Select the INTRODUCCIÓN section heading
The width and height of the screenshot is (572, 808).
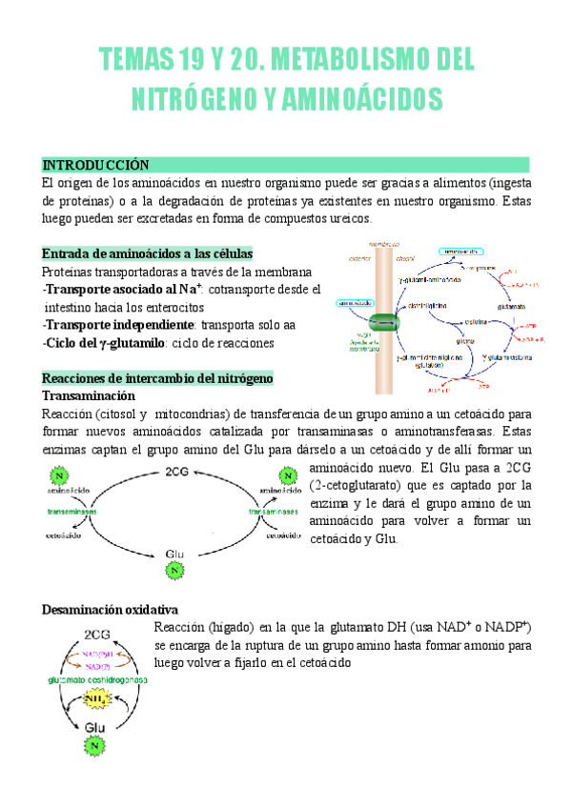96,165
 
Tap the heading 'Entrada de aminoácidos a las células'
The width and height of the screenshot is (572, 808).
147,253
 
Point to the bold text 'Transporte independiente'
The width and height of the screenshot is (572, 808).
126,325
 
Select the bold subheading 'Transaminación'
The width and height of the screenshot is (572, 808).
90,395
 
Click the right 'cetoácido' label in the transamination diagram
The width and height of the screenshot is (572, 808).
284,535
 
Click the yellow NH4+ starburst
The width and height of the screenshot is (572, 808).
94,699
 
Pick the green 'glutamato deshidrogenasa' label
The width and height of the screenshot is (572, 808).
93,679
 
